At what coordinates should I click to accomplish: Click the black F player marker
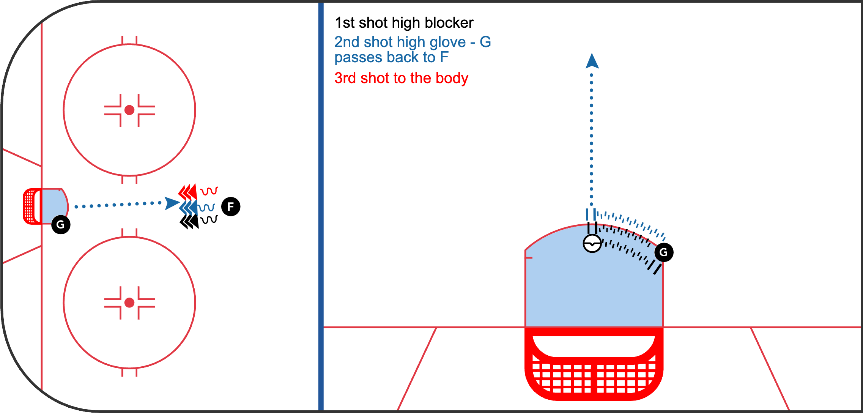[x=231, y=206]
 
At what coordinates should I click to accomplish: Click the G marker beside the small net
[x=61, y=224]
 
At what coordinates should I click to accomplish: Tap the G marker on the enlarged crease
[x=663, y=252]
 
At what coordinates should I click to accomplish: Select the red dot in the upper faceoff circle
[x=129, y=110]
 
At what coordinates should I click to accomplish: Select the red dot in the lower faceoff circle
[x=129, y=303]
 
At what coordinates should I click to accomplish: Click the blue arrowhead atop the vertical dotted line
[x=592, y=61]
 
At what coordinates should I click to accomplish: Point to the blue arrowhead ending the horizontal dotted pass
[x=172, y=203]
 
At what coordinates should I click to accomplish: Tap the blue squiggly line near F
[x=207, y=207]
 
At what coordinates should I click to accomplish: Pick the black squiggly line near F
[x=209, y=219]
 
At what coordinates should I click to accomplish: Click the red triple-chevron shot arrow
[x=188, y=192]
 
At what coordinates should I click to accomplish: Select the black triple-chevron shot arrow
[x=189, y=221]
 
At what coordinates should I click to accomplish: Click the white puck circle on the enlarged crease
[x=592, y=243]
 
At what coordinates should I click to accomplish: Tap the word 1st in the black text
[x=345, y=23]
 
